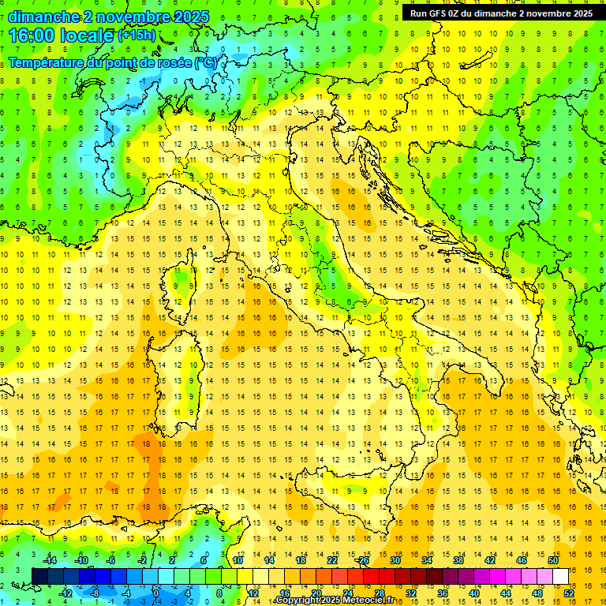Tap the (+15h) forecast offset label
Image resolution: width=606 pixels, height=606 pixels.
137,36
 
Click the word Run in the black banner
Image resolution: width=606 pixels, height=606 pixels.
418,13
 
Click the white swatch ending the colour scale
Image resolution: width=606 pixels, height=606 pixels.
560,576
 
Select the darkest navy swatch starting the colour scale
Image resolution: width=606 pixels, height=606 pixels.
39,576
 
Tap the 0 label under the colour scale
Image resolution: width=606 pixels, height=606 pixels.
156,593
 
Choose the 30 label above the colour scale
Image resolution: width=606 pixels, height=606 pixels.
395,560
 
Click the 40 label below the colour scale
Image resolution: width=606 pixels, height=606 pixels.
474,593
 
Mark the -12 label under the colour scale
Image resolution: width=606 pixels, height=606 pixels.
65,593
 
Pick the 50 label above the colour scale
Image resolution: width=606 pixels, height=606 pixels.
553,560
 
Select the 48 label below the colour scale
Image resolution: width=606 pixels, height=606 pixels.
538,593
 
